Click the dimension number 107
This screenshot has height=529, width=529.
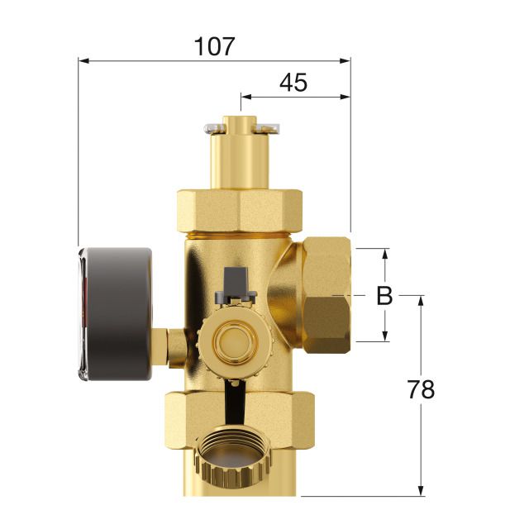click(x=215, y=46)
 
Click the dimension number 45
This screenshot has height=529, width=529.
click(x=293, y=83)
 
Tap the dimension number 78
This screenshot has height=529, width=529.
click(x=422, y=390)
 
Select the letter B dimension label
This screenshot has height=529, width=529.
click(x=384, y=296)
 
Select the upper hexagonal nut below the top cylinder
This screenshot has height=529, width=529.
click(x=239, y=212)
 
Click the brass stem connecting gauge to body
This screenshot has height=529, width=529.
click(x=174, y=345)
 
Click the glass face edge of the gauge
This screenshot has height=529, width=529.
click(x=83, y=314)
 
